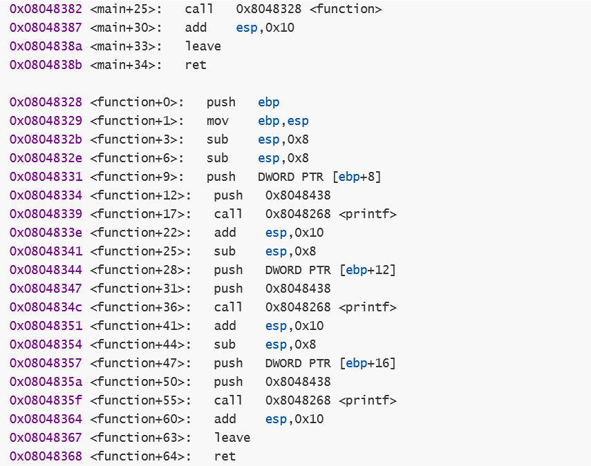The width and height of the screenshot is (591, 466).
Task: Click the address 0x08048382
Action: pyautogui.click(x=46, y=9)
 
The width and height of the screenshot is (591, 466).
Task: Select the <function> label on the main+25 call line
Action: pyautogui.click(x=346, y=9)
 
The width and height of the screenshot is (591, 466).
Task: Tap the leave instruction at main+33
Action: pyautogui.click(x=203, y=46)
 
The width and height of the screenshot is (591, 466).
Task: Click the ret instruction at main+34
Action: pyautogui.click(x=196, y=65)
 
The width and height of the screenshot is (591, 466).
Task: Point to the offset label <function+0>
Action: pyautogui.click(x=137, y=102)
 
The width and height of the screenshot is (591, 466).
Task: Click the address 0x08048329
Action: pyautogui.click(x=46, y=121)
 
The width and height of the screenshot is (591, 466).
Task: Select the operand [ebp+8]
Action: pyautogui.click(x=357, y=177)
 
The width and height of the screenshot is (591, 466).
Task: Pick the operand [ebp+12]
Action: pyautogui.click(x=368, y=270)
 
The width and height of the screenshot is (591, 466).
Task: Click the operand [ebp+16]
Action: pyautogui.click(x=368, y=363)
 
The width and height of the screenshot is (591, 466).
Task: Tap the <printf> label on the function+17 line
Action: pyautogui.click(x=368, y=214)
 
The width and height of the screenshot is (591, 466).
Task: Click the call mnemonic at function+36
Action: pyautogui.click(x=228, y=307)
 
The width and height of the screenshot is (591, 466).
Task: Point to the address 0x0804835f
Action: pyautogui.click(x=46, y=400)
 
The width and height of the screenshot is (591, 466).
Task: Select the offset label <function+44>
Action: pyautogui.click(x=140, y=344)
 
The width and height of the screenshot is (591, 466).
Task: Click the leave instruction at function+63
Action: pyautogui.click(x=232, y=438)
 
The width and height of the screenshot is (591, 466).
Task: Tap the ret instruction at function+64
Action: pyautogui.click(x=225, y=456)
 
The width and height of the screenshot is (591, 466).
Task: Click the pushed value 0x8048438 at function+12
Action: pyautogui.click(x=298, y=195)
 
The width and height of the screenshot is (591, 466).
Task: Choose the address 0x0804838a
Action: pyautogui.click(x=46, y=46)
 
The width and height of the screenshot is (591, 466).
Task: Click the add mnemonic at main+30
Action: pyautogui.click(x=196, y=28)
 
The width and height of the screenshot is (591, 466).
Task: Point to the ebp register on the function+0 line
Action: pyautogui.click(x=269, y=103)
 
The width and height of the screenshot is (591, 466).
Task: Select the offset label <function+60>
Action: pyautogui.click(x=140, y=419)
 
